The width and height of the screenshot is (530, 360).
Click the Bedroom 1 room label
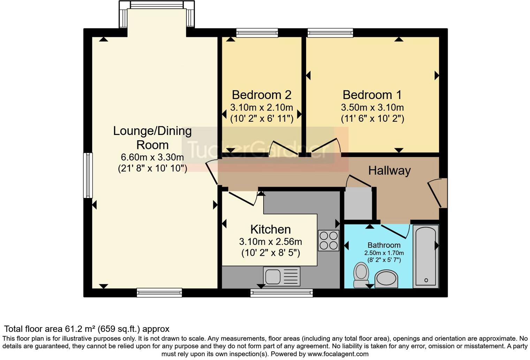pyautogui.click(x=372, y=95)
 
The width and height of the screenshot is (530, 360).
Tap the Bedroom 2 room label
pyautogui.click(x=262, y=95)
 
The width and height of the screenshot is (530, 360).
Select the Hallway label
pyautogui.click(x=389, y=171)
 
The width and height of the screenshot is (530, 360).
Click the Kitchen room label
pyautogui.click(x=271, y=230)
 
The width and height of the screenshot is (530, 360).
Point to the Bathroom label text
pyautogui.click(x=384, y=245)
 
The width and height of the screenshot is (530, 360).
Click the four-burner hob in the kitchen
pyautogui.click(x=328, y=240)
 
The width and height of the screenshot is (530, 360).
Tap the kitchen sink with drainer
pyautogui.click(x=281, y=276)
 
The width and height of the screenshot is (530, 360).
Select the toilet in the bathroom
pyautogui.click(x=361, y=275)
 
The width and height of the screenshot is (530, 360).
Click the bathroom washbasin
pyautogui.click(x=386, y=279)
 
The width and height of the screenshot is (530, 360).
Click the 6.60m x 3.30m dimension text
pyautogui.click(x=152, y=157)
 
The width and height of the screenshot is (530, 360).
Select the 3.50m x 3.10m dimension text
pyautogui.click(x=372, y=107)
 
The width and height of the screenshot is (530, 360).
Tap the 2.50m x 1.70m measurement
pyautogui.click(x=384, y=253)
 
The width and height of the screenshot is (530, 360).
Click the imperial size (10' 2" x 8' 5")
pyautogui.click(x=271, y=253)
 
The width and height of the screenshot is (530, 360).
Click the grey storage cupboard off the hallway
pyautogui.click(x=358, y=204)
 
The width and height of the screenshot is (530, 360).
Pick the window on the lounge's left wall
pyautogui.click(x=88, y=175)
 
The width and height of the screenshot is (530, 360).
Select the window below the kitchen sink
pyautogui.click(x=281, y=293)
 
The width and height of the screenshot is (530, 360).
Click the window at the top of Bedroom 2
pyautogui.click(x=257, y=33)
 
